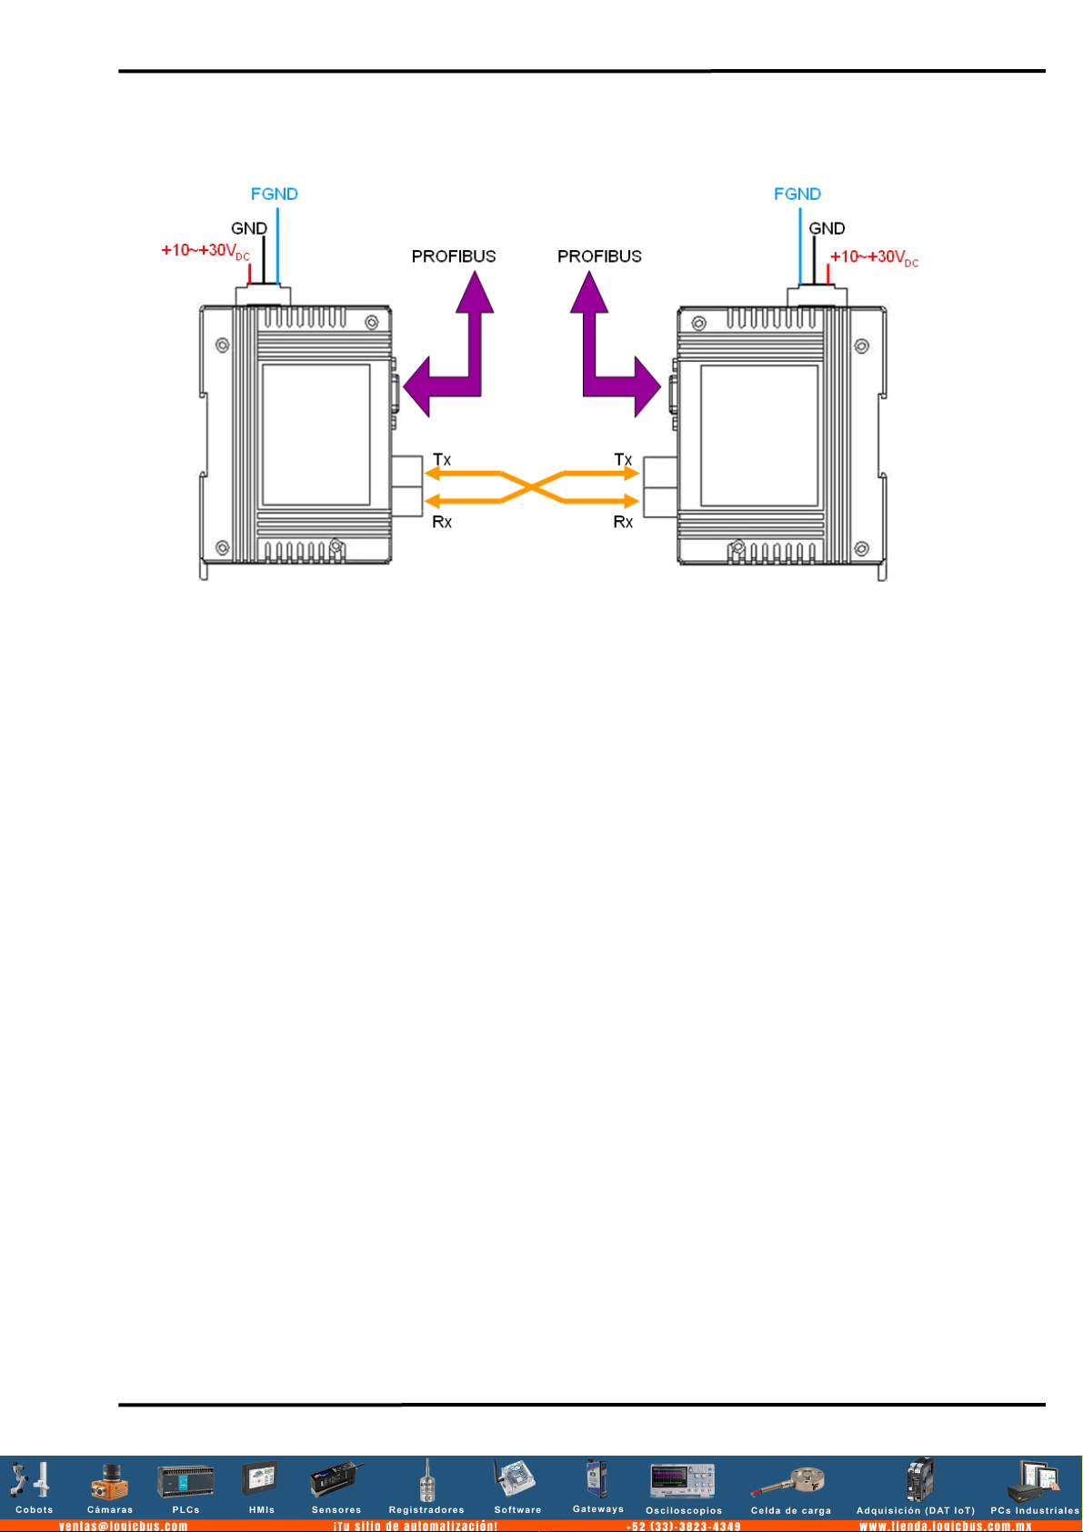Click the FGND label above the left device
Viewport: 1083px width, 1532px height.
coord(274,194)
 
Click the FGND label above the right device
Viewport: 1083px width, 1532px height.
coord(797,194)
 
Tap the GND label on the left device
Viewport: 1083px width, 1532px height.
coord(248,228)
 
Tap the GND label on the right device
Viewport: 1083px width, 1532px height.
coord(827,228)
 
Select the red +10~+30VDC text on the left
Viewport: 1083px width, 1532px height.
coord(205,251)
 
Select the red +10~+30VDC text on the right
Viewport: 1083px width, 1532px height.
coord(874,257)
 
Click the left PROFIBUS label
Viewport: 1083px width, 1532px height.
coord(454,256)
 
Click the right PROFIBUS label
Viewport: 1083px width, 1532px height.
coord(599,256)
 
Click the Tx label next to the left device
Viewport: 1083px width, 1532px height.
coord(442,460)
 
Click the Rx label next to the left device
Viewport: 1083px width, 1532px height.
coord(442,522)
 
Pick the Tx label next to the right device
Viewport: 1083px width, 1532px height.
coord(623,460)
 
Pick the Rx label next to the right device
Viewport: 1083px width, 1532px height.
coord(623,522)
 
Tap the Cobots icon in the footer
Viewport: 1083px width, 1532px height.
coord(33,1482)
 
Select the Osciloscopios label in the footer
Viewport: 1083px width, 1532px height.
coord(684,1511)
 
